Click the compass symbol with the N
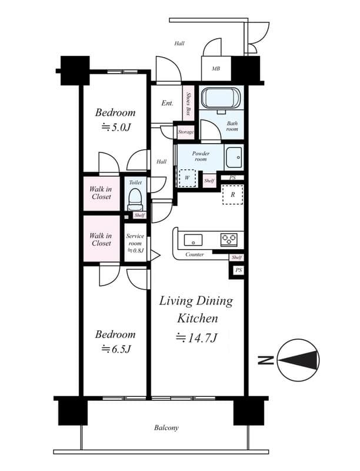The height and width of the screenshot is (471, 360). click(298, 360)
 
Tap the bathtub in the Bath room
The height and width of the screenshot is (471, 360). click(221, 98)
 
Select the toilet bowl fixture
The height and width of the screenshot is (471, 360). click(135, 199)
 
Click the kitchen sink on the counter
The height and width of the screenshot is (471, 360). click(193, 240)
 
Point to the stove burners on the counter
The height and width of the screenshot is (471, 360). click(229, 240)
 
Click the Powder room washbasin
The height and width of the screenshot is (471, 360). click(234, 157)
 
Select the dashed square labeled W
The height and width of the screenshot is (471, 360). click(187, 178)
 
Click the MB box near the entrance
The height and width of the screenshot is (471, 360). click(216, 69)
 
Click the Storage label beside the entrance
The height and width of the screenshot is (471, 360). click(186, 132)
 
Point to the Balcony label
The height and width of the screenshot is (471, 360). click(166, 428)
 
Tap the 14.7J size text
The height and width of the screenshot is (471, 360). click(196, 337)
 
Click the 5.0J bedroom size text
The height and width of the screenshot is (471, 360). click(115, 127)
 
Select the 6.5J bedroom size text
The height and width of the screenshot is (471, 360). click(115, 349)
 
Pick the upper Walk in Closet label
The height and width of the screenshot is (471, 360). click(101, 193)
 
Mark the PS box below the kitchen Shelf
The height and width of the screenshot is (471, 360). click(238, 270)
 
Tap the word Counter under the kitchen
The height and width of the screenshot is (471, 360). click(195, 254)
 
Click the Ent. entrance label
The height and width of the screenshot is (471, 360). click(167, 104)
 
